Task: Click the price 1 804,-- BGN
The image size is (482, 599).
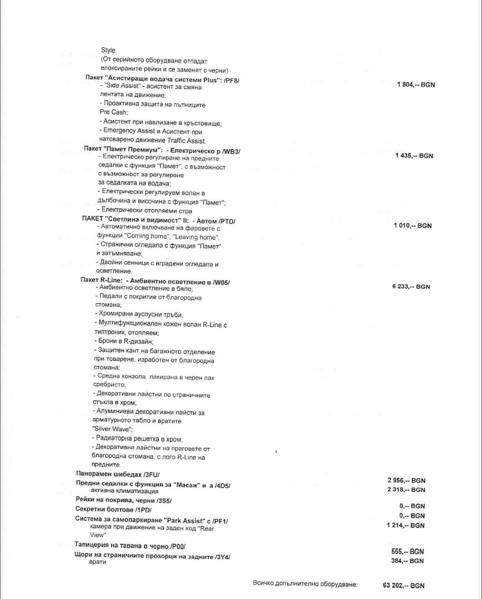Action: coord(416,85)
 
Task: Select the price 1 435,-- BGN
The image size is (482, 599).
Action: coord(414,156)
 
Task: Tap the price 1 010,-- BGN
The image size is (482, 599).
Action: coord(413,226)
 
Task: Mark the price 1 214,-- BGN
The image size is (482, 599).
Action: coord(406,526)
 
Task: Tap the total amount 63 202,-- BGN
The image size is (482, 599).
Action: coord(404,586)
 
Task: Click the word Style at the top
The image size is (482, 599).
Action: coord(109,50)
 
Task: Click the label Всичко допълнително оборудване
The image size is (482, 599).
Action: coord(305,584)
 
